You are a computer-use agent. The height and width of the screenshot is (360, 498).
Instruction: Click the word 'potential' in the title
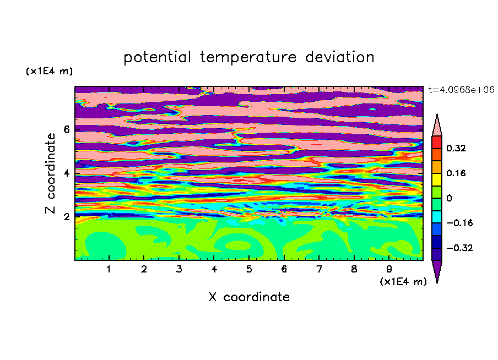(157, 57)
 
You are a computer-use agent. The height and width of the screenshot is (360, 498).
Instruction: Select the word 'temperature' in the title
(248, 57)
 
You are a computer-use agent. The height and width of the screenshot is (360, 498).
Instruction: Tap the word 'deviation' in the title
(340, 57)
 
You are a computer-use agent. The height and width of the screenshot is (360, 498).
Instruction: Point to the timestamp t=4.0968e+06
(461, 90)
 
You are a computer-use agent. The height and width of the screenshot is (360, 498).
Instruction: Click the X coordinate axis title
(249, 297)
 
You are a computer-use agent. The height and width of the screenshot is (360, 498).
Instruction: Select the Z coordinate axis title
(50, 173)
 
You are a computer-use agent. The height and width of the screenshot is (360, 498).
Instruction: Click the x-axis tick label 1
(109, 269)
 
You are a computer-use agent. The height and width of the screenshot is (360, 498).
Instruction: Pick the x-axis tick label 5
(249, 269)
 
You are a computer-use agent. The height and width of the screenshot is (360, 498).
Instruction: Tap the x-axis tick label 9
(389, 269)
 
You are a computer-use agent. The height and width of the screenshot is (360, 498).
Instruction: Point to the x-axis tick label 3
(179, 269)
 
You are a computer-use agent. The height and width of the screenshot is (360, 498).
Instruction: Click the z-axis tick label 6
(67, 129)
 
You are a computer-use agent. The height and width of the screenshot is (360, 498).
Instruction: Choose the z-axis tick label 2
(67, 217)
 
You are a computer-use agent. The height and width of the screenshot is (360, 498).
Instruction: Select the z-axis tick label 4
(67, 173)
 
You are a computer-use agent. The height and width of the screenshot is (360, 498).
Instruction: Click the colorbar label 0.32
(456, 148)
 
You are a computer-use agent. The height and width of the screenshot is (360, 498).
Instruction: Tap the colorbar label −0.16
(459, 223)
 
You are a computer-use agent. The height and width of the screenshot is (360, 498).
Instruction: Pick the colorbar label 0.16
(456, 173)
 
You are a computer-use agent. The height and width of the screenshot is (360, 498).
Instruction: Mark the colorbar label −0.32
(459, 248)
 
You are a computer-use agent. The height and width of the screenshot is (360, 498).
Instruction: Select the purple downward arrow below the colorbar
(437, 270)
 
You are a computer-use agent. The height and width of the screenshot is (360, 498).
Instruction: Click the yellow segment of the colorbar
(437, 179)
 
